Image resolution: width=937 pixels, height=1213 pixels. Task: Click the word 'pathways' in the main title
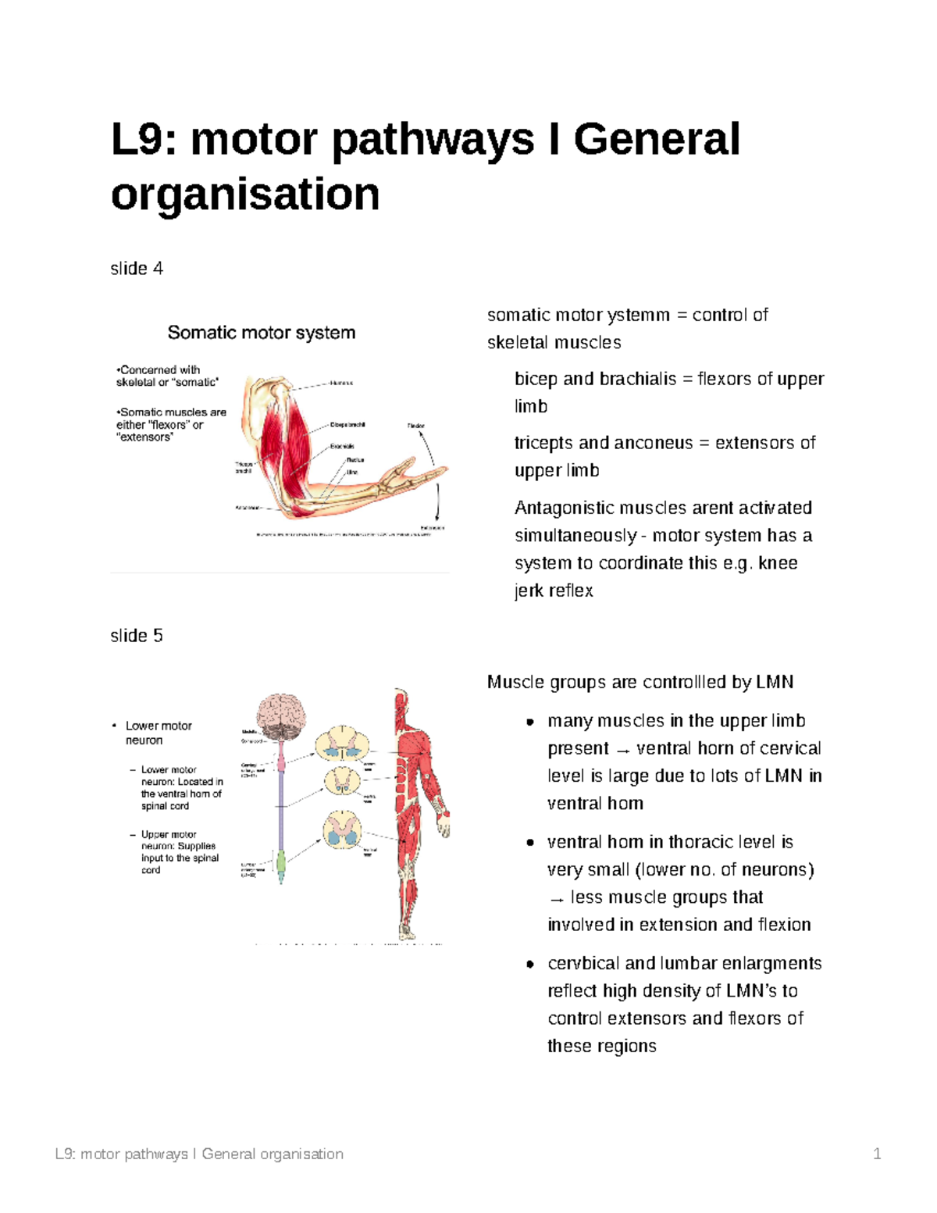click(x=433, y=141)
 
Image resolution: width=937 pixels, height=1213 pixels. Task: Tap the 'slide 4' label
click(x=137, y=269)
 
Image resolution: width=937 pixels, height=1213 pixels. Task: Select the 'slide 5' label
click(x=137, y=636)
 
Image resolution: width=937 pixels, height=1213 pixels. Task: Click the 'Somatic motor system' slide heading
click(x=262, y=333)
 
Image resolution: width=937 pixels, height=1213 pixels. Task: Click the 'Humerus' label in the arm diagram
click(x=341, y=384)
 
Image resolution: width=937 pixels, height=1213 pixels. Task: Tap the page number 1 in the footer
click(x=877, y=1154)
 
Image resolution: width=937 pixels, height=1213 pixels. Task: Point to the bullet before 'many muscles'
click(x=530, y=722)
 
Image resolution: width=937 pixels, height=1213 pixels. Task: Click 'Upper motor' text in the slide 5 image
click(x=169, y=834)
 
